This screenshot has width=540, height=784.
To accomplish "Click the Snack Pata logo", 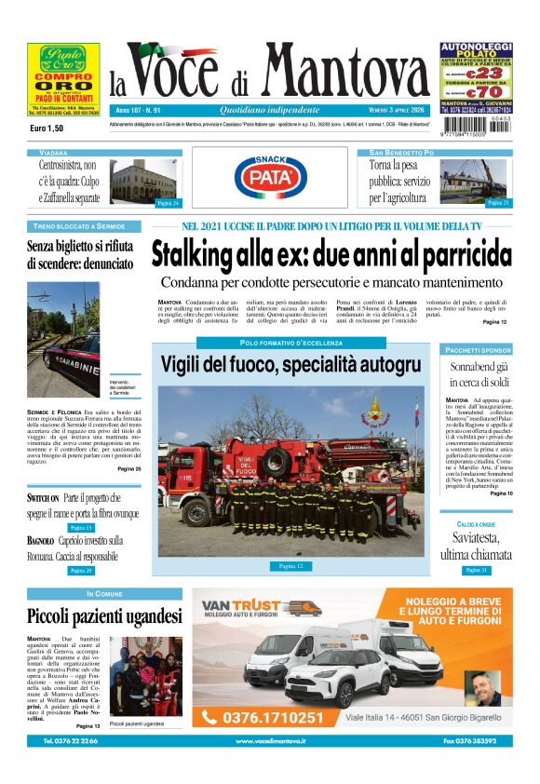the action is tap(271, 177).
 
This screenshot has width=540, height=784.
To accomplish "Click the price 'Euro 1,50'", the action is tap(47, 128).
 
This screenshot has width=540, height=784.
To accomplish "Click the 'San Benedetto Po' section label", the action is tap(401, 152).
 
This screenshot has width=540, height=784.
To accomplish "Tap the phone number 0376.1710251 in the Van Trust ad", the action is tap(275, 718).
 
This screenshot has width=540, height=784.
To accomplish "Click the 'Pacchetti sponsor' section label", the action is tap(478, 350).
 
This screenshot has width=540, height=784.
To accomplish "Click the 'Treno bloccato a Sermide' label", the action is tap(78, 226).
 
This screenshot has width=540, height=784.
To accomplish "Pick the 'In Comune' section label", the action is tap(104, 593).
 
